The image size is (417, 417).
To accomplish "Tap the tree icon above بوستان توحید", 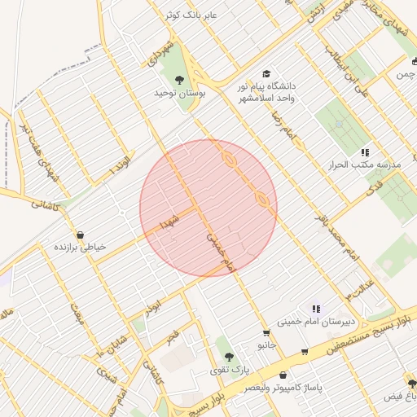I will point(179,80).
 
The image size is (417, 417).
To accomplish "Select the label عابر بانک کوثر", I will point(191,15).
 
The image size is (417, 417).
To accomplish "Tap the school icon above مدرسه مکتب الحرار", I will point(366,151).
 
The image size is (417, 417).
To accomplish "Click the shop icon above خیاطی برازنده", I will point(79,235).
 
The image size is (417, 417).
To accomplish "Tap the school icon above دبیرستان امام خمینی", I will point(316,308).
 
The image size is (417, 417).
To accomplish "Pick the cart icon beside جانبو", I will point(266,333).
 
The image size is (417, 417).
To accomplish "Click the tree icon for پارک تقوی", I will point(230,356).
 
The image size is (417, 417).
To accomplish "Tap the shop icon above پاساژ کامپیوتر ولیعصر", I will point(282,375).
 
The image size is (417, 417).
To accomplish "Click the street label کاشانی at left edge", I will point(47,201).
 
